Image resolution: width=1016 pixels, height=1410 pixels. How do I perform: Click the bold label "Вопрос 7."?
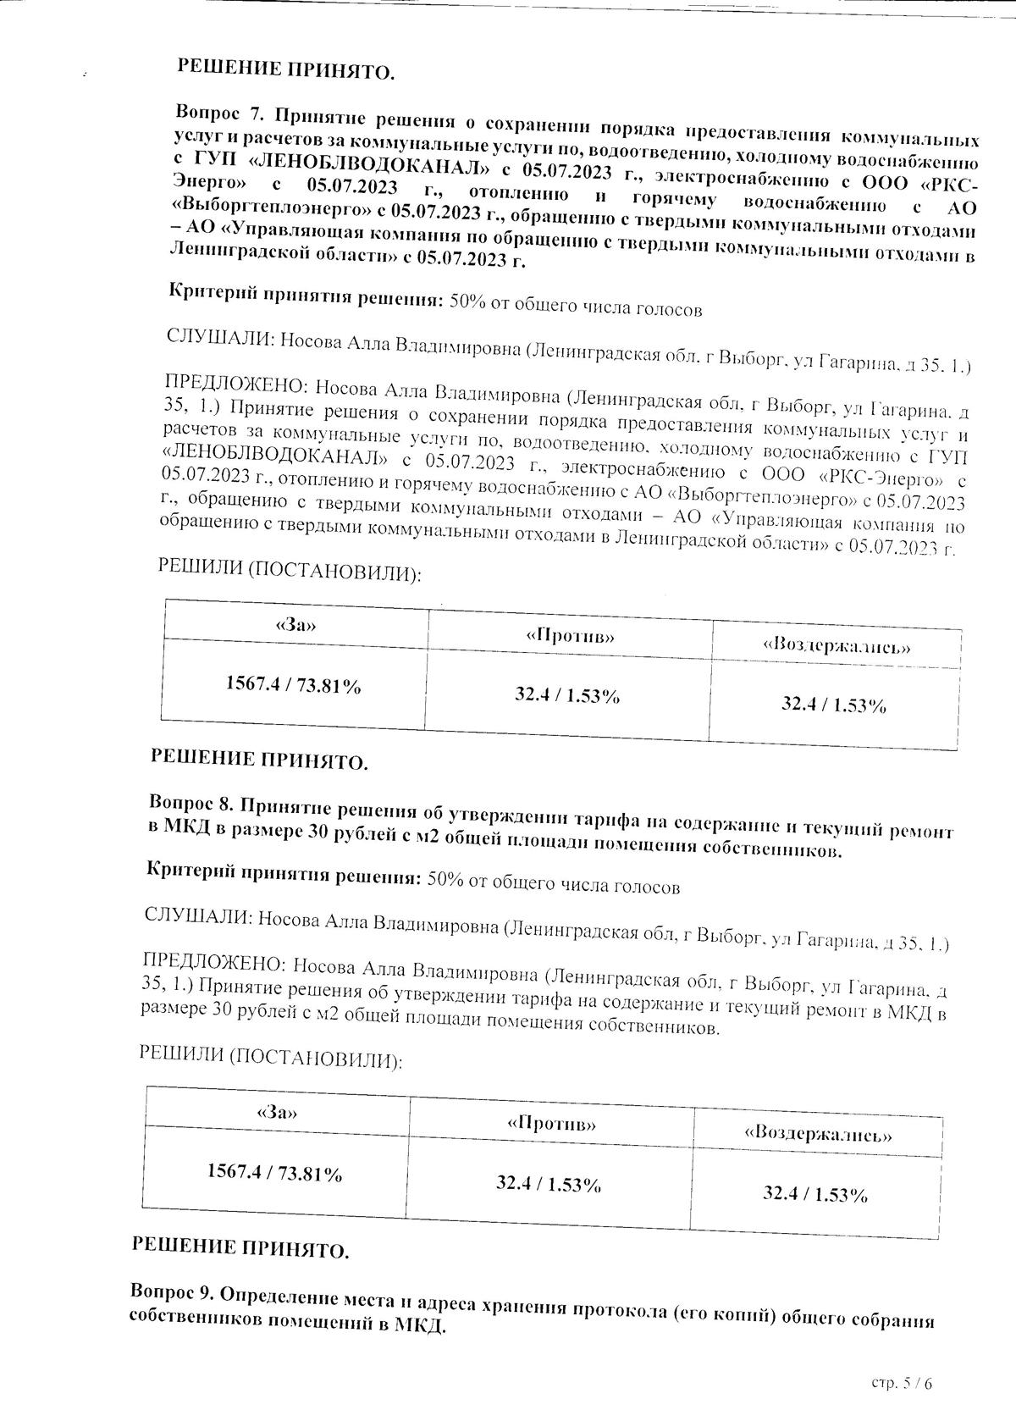[x=221, y=113]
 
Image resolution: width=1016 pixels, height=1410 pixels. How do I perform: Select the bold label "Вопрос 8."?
[x=194, y=801]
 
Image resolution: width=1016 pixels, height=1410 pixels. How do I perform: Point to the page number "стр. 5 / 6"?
[x=905, y=1382]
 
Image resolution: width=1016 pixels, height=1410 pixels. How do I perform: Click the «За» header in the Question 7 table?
[x=295, y=625]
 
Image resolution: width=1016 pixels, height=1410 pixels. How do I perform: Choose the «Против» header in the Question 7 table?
[x=570, y=636]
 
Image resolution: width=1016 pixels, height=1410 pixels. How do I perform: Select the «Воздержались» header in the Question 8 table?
[x=818, y=1133]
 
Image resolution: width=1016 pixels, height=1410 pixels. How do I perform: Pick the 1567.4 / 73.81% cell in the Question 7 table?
[x=293, y=685]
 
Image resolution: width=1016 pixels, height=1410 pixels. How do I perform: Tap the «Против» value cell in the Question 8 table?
[x=549, y=1184]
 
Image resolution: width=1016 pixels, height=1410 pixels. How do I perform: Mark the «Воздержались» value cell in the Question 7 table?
[x=833, y=704]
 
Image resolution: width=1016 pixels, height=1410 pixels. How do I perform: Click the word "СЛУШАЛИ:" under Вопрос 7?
[x=220, y=340]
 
